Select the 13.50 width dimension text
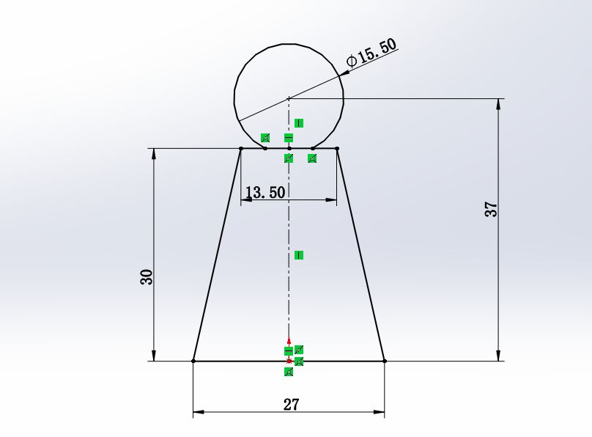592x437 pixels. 264,193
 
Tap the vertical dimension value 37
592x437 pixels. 492,209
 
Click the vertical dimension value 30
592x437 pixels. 147,276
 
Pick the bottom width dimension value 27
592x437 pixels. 291,403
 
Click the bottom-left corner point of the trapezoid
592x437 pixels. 193,361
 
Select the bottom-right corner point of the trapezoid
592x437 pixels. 385,361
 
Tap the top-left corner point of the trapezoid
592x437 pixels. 241,149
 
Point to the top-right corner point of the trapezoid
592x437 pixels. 337,149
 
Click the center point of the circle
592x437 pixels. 289,98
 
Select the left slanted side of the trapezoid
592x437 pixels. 217,255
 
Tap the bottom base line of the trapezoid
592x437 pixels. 242,361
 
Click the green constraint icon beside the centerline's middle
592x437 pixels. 299,255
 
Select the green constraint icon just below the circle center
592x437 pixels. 299,122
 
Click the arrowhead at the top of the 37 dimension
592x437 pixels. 500,103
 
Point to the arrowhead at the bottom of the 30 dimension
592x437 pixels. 154,356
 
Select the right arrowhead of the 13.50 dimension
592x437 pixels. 332,199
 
